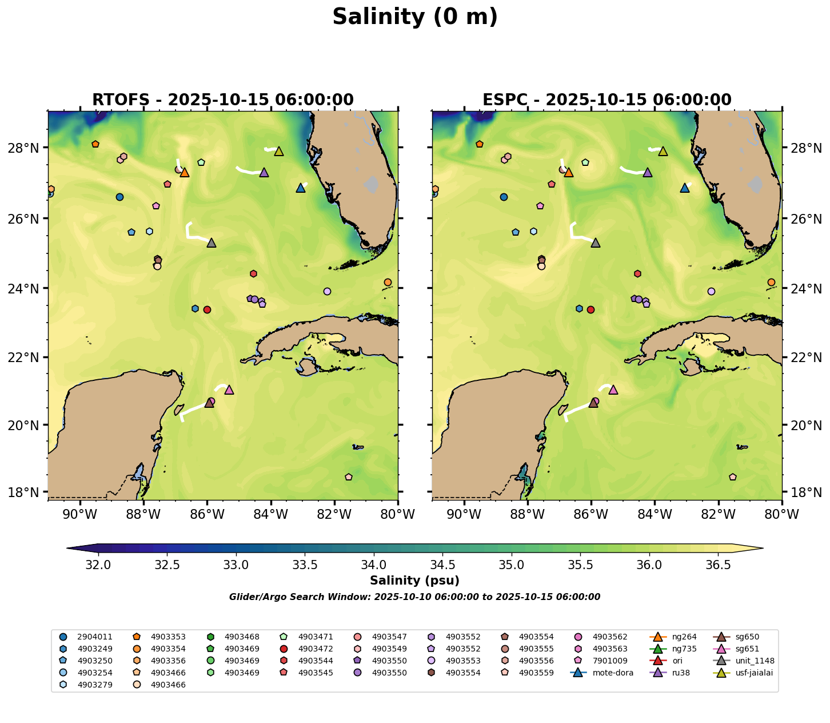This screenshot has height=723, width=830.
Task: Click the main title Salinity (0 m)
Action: pyautogui.click(x=415, y=17)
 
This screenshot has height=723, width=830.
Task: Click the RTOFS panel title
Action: pyautogui.click(x=223, y=100)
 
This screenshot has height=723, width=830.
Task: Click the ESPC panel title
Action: pyautogui.click(x=607, y=100)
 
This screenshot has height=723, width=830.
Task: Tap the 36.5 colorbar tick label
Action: pyautogui.click(x=718, y=565)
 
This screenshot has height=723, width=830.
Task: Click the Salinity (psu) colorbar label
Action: pyautogui.click(x=414, y=581)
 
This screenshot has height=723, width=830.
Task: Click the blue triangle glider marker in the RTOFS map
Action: pyautogui.click(x=301, y=188)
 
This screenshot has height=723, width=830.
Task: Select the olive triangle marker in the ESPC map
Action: pyautogui.click(x=663, y=151)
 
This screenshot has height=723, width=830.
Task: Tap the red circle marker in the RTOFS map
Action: pyautogui.click(x=207, y=309)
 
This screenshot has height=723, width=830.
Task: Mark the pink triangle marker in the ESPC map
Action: pyautogui.click(x=613, y=390)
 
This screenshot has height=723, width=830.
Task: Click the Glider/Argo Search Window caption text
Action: pyautogui.click(x=414, y=597)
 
